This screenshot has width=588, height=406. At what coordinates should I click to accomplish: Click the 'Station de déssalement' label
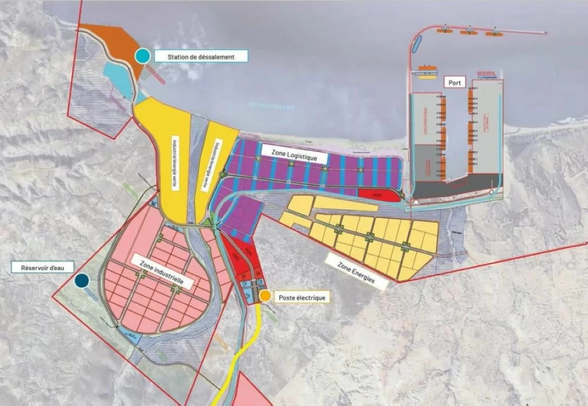[201, 56]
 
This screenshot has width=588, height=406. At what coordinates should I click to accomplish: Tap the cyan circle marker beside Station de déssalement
[142, 56]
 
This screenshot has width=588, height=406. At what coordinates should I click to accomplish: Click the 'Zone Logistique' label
[294, 155]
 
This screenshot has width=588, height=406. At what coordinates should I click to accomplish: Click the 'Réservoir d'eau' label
[41, 267]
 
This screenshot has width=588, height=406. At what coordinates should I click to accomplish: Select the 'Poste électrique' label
[302, 298]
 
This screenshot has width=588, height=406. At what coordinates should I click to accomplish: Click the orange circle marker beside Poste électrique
[266, 296]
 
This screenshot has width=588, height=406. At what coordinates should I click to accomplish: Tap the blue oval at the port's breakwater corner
[417, 42]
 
